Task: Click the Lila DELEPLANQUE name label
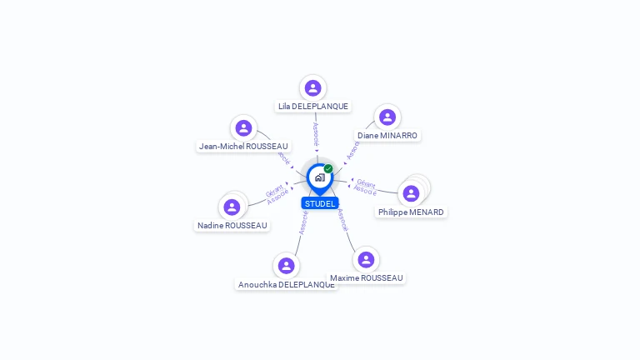tap(313, 107)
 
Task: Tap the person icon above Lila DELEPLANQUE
tap(312, 87)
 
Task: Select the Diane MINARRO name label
tap(387, 135)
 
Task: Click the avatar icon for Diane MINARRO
tap(387, 117)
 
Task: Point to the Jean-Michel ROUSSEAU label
tap(242, 147)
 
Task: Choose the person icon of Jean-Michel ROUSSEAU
tap(243, 127)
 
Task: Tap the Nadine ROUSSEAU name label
tap(232, 225)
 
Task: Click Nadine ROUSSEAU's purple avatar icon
tap(232, 207)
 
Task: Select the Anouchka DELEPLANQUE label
tap(287, 284)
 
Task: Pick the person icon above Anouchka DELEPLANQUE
tap(286, 266)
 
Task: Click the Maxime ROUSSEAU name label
tap(366, 277)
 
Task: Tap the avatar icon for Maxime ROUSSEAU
tap(366, 259)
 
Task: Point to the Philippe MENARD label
tap(411, 212)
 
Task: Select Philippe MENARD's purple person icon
tap(411, 193)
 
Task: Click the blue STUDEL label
tap(320, 203)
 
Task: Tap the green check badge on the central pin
tap(328, 168)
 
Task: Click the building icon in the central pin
tap(319, 177)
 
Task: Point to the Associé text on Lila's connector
tap(316, 136)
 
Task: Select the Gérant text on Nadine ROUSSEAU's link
tap(274, 189)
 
